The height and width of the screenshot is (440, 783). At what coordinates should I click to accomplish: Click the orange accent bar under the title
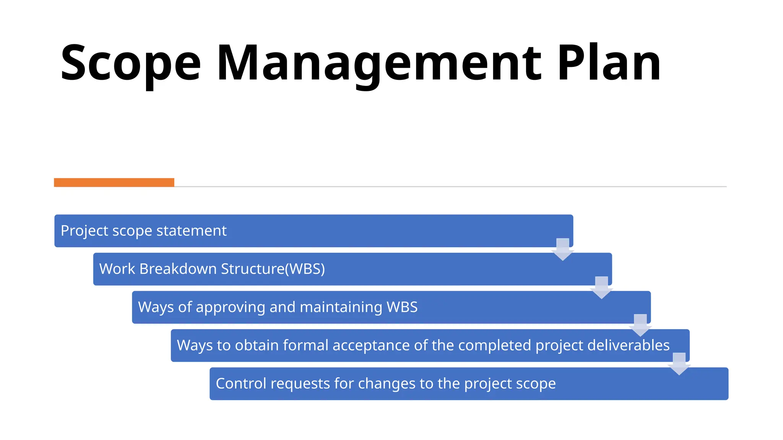tap(114, 183)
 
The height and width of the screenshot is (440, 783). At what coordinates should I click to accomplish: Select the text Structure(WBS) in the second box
tap(273, 269)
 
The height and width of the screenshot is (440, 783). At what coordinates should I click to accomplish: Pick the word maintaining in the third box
tap(341, 307)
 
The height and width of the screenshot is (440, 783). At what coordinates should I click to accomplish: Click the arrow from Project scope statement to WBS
tap(562, 249)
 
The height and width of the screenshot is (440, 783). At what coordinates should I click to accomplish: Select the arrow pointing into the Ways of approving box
tap(601, 288)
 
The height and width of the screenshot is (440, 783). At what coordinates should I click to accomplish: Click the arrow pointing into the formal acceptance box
tap(640, 325)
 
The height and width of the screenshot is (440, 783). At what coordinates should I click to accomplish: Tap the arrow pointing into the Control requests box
tap(679, 364)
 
